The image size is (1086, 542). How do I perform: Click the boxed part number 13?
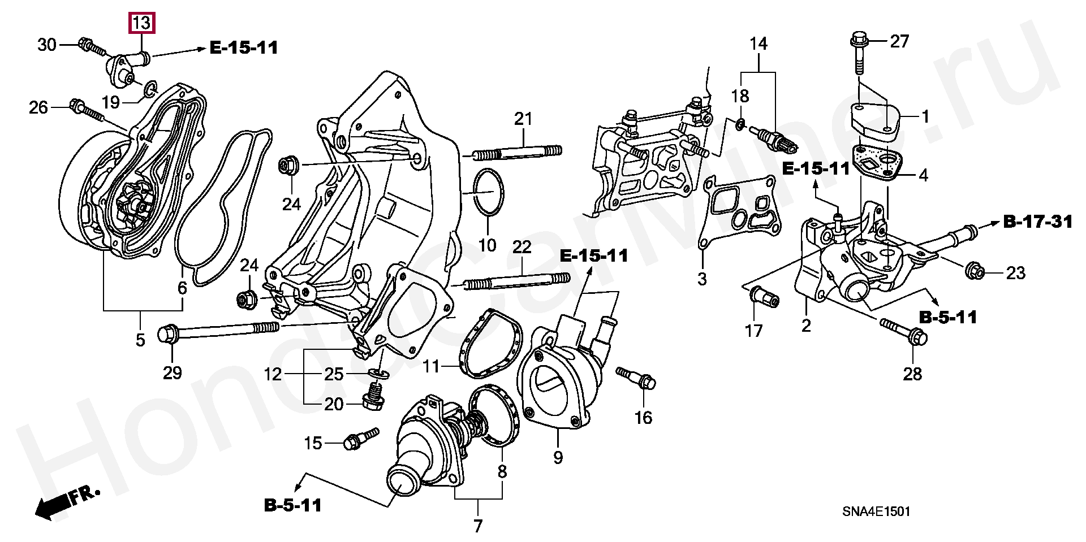141,23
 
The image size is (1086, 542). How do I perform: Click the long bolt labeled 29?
221,330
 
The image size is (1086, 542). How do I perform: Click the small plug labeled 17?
764,296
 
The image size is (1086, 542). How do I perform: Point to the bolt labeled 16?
637,378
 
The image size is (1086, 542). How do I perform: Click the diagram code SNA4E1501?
876,511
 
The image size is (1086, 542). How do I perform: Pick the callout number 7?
478,526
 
